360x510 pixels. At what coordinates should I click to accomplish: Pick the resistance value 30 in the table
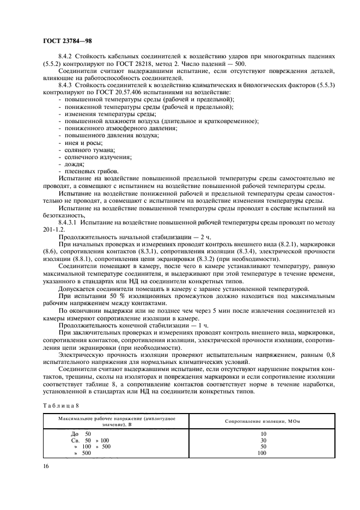263,440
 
